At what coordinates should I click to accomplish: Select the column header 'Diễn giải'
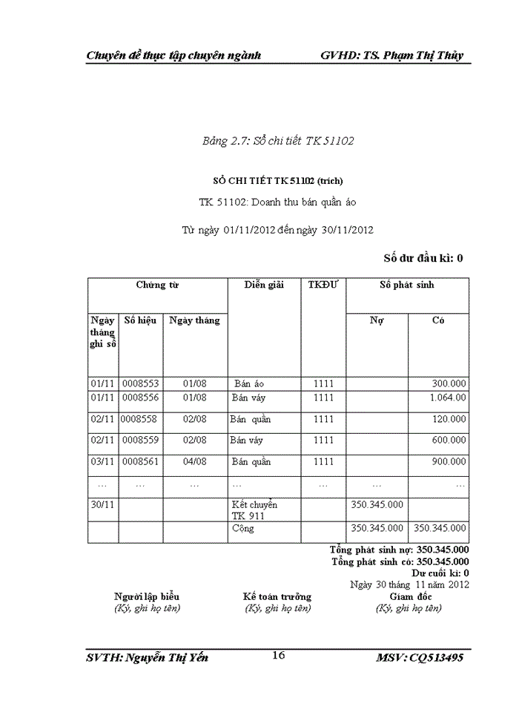[x=264, y=285]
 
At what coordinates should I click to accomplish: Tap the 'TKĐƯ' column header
[x=323, y=285]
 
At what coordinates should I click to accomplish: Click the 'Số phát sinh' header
[x=407, y=285]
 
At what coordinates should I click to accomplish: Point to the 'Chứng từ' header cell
[x=157, y=285]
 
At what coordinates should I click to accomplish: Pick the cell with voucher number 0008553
[x=141, y=383]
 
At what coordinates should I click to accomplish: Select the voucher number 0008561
[x=141, y=461]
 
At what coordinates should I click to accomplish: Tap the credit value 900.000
[x=449, y=461]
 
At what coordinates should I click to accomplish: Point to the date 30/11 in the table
[x=102, y=504]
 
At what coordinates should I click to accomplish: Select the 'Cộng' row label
[x=242, y=529]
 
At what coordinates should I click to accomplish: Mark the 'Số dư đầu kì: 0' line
[x=423, y=258]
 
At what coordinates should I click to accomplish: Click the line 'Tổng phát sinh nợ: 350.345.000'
[x=399, y=550]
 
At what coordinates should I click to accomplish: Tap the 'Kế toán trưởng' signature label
[x=277, y=596]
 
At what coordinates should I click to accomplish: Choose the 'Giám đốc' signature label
[x=409, y=596]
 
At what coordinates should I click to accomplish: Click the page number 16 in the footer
[x=279, y=655]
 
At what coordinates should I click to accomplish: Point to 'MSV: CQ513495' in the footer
[x=420, y=658]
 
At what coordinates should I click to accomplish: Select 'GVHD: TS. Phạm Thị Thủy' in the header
[x=393, y=56]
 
